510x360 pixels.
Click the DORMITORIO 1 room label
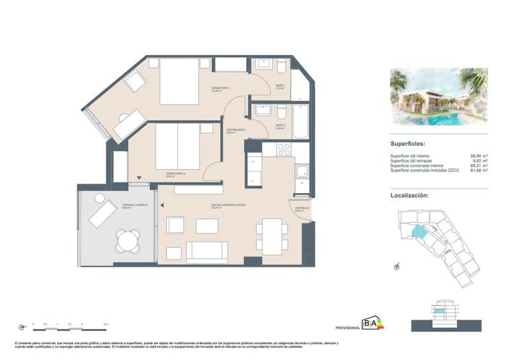tap(220, 89)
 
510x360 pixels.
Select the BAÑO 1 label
tap(280, 87)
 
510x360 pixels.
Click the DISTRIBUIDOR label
tap(236, 132)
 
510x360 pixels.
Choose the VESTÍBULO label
tap(302, 209)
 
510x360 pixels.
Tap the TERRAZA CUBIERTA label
tap(135, 206)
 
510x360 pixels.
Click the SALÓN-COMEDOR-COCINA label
tap(229, 207)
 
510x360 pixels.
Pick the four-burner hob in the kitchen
tap(282, 150)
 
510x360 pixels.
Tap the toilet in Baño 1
tap(281, 66)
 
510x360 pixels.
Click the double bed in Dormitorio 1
tap(178, 82)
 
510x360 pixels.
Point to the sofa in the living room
tap(208, 252)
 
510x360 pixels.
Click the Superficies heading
tap(413, 144)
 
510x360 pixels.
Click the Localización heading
tap(415, 195)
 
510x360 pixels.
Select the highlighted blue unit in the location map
tap(420, 233)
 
